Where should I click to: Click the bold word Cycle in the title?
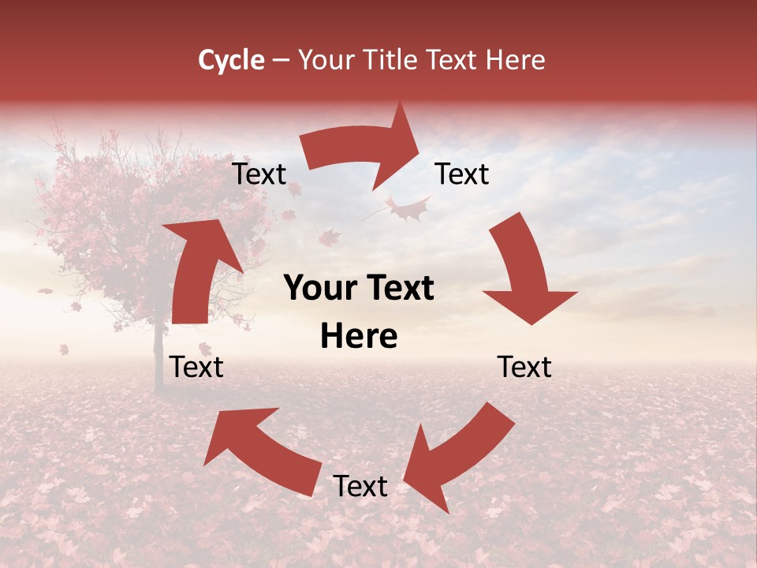231,60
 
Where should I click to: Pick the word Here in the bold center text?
359,337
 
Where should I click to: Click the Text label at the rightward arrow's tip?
462,174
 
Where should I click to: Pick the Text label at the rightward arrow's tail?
259,174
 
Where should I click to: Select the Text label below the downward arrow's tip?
524,367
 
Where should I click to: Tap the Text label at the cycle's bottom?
360,486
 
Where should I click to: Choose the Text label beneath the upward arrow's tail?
196,367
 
